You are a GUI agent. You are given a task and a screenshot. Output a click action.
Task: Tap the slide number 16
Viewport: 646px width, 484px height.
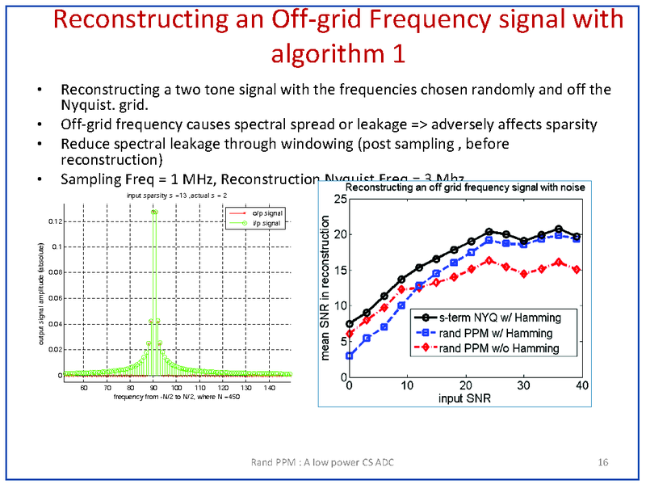(x=602, y=462)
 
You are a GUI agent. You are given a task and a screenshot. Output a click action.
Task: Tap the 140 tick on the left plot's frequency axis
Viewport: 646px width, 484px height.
(x=274, y=387)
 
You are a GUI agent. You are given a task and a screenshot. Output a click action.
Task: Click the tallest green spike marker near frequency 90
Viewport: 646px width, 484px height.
(x=153, y=213)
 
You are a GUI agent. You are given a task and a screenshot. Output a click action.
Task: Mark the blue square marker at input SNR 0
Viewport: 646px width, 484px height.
(x=350, y=356)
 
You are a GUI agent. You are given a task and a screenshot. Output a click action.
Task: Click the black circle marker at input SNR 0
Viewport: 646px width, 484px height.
(x=350, y=324)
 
